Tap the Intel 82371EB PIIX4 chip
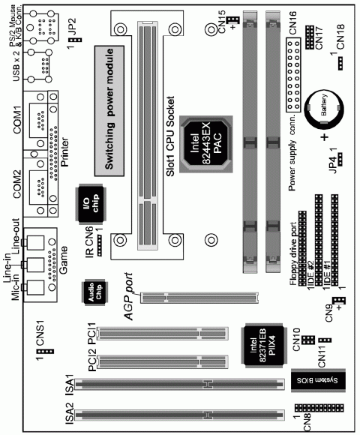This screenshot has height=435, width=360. click(263, 347)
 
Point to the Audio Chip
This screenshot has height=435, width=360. click(95, 293)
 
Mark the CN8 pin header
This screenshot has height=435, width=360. click(319, 412)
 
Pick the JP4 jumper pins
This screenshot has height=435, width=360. click(339, 158)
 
